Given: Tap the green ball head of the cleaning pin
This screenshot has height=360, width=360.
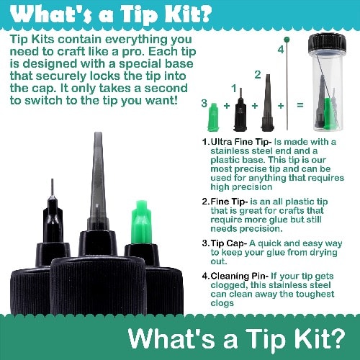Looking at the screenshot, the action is coord(287,40).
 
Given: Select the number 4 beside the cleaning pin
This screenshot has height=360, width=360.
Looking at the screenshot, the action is coord(281,50).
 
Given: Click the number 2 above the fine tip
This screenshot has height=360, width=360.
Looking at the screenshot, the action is coord(258,75).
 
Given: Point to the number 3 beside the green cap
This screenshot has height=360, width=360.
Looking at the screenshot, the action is coord(204,104).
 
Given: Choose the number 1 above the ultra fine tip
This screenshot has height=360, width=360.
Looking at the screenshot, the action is coord(234,89).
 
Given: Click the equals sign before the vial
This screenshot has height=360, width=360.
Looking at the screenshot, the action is coord(300,105).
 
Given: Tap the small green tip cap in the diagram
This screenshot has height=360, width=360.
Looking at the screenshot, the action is coord(213,117).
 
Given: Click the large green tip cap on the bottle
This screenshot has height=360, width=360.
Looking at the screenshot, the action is coord(140,222).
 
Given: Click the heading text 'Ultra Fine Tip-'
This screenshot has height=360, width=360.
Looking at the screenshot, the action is coord(241,142).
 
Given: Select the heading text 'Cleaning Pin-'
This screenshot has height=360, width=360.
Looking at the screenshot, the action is coord(240,276).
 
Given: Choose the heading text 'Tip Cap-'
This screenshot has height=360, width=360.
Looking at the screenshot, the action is coord(229,243).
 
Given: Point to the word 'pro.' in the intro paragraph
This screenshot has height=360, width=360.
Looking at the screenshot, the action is coord(133,52).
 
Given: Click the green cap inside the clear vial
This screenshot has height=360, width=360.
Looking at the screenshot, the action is coord(328,113).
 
